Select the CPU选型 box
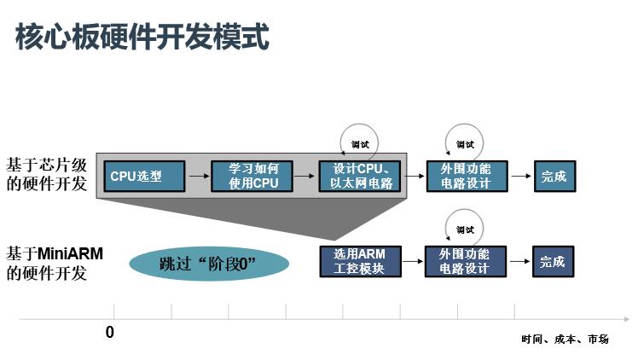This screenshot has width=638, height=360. (148, 177)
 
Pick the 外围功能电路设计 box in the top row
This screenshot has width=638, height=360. (467, 177)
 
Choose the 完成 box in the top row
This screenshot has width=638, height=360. (554, 177)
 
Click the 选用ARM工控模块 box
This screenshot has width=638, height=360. (360, 261)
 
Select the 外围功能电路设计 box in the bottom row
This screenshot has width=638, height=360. (464, 261)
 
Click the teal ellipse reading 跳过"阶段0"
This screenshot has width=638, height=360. (209, 263)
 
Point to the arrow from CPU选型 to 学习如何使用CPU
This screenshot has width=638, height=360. (198, 177)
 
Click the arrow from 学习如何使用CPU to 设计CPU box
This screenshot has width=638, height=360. (304, 177)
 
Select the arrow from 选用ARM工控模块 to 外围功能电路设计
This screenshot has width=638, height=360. (413, 261)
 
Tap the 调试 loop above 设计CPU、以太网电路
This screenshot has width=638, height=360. (359, 143)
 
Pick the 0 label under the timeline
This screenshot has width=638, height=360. (110, 333)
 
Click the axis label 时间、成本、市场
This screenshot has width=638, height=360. (565, 340)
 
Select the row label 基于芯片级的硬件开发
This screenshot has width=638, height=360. (47, 173)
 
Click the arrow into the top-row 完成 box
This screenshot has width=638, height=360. (521, 177)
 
